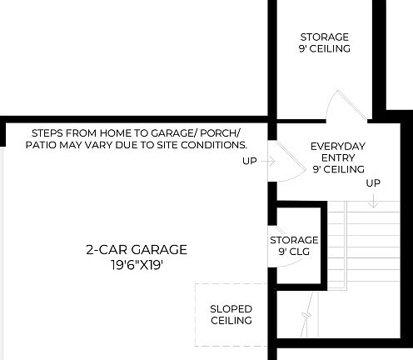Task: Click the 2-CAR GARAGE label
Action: pos(137,249)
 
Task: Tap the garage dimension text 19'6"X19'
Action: pos(137,265)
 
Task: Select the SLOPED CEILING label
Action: pos(231,315)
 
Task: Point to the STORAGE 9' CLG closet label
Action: pos(294,245)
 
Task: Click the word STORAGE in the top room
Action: pos(325,37)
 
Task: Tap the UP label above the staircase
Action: pos(373,183)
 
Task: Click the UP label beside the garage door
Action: pos(250,161)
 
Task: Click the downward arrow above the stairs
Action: pos(373,200)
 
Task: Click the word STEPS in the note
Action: pos(47,132)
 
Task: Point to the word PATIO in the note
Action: pos(42,144)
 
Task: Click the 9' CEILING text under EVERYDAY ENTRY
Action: pos(338,169)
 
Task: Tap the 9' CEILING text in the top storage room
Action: pos(325,48)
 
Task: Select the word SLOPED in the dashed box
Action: pos(231,309)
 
